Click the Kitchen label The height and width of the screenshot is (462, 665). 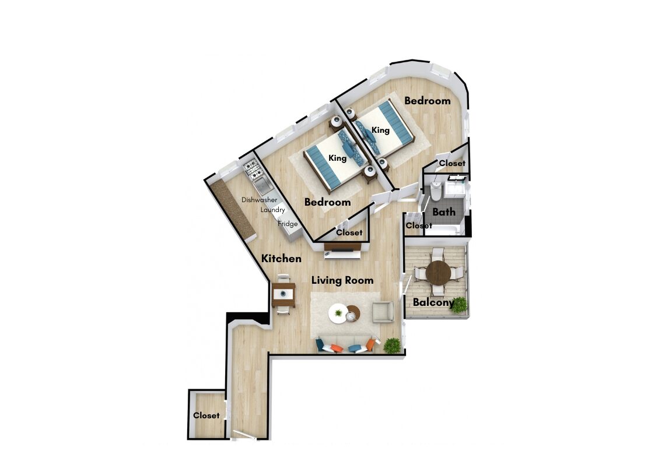281,258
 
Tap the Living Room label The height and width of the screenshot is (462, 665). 342,280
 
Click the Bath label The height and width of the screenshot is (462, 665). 444,211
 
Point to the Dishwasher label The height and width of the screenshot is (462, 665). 259,200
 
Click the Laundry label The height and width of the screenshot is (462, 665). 272,210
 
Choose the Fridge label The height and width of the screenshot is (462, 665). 288,224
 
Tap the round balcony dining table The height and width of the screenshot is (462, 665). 439,273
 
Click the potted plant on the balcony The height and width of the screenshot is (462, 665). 459,305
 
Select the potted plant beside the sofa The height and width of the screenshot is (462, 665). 392,345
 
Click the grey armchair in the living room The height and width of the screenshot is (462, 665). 383,312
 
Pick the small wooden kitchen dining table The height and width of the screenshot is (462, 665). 283,294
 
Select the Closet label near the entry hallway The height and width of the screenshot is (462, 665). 206,415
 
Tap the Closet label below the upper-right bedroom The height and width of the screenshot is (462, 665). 452,163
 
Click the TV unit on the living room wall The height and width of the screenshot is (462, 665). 342,251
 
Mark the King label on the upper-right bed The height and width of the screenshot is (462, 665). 380,129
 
